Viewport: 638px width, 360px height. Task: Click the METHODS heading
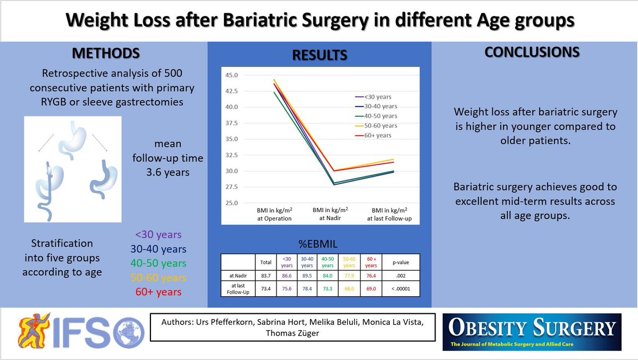106,53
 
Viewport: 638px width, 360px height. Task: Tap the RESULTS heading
320,55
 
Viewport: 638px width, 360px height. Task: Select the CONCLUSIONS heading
532,52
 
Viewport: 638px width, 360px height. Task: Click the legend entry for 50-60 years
376,125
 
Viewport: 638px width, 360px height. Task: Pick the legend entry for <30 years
373,97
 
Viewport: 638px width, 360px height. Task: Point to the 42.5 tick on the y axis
231,91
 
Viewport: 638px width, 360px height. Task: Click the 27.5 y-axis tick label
231,187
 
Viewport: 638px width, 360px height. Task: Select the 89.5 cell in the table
307,275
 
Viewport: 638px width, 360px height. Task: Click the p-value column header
401,262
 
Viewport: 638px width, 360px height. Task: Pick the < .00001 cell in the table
401,289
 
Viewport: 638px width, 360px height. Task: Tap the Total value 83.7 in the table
266,275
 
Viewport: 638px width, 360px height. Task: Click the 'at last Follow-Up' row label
238,289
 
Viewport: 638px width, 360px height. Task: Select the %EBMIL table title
318,244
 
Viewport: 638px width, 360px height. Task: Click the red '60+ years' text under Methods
158,292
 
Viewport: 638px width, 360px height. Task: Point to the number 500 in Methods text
173,73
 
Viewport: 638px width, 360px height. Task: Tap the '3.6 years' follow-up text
168,172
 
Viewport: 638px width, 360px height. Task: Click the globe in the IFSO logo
129,333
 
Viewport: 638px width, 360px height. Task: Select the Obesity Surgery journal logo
532,332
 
